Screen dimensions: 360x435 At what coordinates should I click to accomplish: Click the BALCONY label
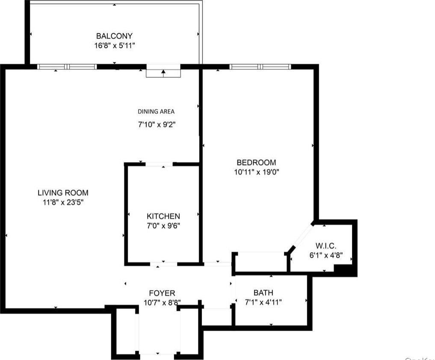click(114, 36)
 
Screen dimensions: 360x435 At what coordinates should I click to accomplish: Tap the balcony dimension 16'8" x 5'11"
click(114, 45)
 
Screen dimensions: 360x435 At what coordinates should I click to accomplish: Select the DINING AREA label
click(156, 112)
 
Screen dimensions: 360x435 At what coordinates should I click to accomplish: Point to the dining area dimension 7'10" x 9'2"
click(156, 125)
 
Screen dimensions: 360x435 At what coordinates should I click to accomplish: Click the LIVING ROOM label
click(63, 193)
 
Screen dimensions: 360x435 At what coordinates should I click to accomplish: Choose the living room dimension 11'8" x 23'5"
click(63, 202)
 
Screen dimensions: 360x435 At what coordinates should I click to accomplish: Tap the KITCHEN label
click(163, 216)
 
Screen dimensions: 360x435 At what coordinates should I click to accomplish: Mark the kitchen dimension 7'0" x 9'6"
click(163, 226)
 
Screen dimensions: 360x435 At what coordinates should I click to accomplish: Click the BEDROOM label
click(256, 163)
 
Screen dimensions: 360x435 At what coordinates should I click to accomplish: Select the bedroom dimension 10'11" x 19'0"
click(256, 172)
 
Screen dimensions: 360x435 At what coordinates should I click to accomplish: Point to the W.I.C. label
click(326, 246)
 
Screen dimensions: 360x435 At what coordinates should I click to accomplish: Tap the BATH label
click(263, 293)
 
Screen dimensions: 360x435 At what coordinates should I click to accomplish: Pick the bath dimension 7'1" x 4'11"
click(263, 302)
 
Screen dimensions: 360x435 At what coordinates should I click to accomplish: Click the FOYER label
click(162, 293)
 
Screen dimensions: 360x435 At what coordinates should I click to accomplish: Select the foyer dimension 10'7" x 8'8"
click(162, 303)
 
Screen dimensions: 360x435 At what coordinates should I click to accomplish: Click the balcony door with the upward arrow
click(163, 71)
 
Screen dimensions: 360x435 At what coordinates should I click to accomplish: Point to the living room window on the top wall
click(67, 67)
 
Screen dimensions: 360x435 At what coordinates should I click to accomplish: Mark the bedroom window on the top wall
click(260, 67)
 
